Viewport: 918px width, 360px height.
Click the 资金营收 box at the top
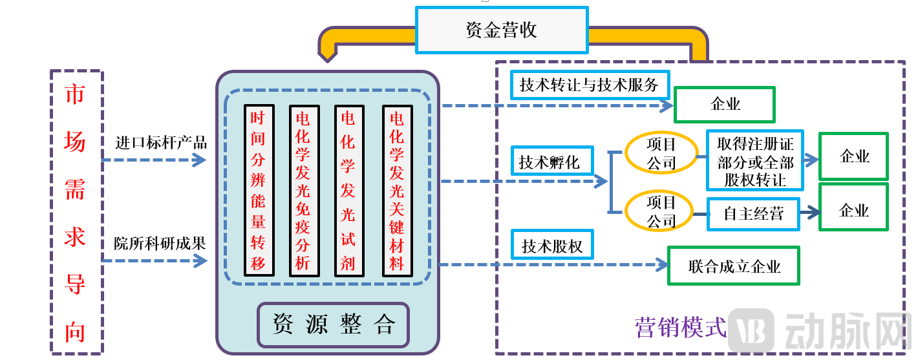pyautogui.click(x=502, y=30)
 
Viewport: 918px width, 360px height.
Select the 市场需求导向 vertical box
pyautogui.click(x=76, y=211)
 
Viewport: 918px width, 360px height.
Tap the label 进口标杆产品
pyautogui.click(x=161, y=143)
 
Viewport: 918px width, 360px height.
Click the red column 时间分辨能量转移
pyautogui.click(x=259, y=190)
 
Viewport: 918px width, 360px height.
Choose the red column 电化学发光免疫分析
pyautogui.click(x=303, y=191)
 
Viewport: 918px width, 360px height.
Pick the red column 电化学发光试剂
pyautogui.click(x=348, y=191)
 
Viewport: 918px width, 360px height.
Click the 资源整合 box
pyautogui.click(x=334, y=324)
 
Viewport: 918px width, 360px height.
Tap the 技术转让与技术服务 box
pyautogui.click(x=589, y=85)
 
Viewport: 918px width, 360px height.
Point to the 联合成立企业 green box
pyautogui.click(x=733, y=266)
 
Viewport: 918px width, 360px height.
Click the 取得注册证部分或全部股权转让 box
pyautogui.click(x=755, y=160)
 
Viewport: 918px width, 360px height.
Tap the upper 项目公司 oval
pyautogui.click(x=661, y=153)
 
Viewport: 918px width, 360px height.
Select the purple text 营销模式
pyautogui.click(x=681, y=327)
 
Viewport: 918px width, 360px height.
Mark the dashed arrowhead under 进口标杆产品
pyautogui.click(x=199, y=160)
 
